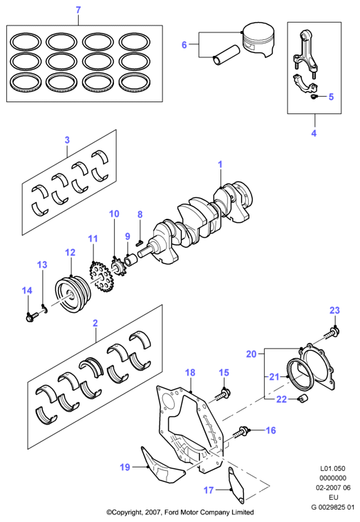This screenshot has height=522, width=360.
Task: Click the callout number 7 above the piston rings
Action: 78,10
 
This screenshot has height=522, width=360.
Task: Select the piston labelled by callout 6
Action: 258,40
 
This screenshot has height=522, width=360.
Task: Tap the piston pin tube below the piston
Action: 227,55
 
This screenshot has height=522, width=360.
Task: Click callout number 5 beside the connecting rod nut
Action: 331,97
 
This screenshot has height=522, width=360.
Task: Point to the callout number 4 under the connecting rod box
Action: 314,133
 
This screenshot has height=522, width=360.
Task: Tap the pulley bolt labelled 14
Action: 32,316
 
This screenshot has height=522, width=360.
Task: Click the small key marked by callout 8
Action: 139,243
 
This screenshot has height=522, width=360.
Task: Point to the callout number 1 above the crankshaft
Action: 220,164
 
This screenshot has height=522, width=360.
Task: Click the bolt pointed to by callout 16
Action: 241,432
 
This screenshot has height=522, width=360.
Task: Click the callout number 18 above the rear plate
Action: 190,373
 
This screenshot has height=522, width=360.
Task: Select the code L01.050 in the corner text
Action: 332,468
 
